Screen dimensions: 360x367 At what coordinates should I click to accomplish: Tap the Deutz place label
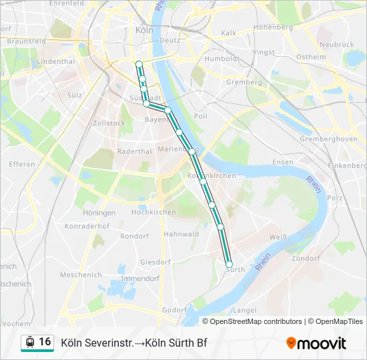point(170,40)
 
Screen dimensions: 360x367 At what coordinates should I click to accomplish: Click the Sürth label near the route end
point(236,269)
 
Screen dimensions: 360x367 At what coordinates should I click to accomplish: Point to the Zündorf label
point(306,258)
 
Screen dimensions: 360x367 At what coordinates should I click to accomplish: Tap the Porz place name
point(335,198)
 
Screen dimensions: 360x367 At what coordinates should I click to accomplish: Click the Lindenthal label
point(55,61)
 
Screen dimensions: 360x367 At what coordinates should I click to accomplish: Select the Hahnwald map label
point(181,234)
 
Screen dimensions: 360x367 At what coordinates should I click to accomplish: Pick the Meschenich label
point(81,275)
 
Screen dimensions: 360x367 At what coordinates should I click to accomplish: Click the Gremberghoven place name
point(329,139)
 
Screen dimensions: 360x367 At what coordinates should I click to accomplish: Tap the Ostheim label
point(310,57)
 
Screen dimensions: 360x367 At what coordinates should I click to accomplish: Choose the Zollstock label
point(109,123)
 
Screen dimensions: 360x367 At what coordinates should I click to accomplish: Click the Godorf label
point(174,310)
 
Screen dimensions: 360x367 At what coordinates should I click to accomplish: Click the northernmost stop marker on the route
point(139,64)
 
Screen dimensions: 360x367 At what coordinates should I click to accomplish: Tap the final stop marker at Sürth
point(230,264)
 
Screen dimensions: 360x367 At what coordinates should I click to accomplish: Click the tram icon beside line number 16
point(29,342)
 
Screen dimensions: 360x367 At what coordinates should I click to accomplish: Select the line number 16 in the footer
point(45,342)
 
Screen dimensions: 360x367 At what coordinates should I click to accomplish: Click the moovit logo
point(316,343)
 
